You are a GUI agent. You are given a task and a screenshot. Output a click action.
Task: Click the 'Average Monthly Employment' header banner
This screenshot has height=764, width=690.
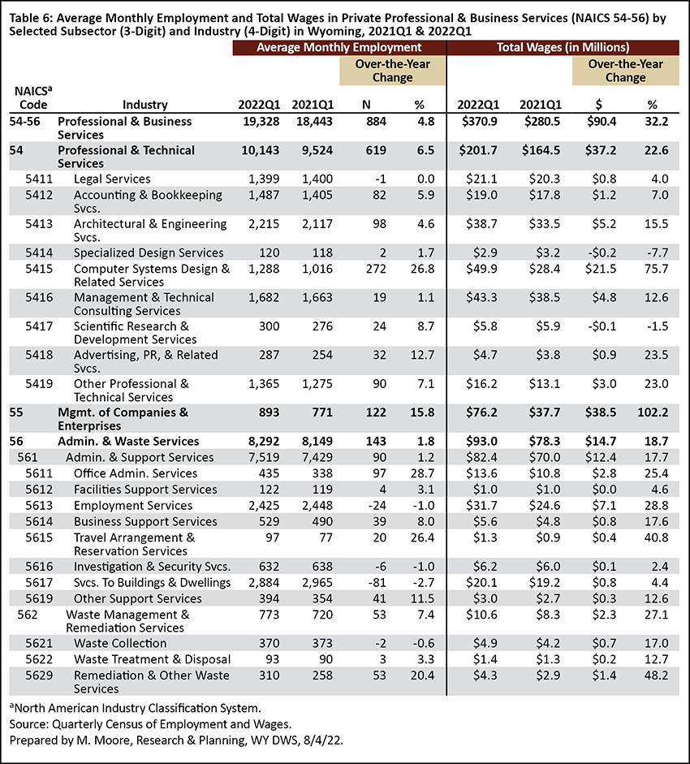(x=339, y=48)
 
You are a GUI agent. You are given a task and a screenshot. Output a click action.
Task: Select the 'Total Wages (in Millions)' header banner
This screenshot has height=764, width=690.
(x=563, y=48)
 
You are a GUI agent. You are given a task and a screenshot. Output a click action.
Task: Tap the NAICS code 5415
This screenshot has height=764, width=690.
(x=39, y=269)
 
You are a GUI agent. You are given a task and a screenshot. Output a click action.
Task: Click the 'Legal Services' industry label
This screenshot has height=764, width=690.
(x=112, y=179)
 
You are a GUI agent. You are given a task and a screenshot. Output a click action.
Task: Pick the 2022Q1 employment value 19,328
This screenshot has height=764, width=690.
(x=261, y=122)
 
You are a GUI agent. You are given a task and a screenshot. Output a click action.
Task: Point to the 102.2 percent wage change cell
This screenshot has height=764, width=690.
(x=653, y=412)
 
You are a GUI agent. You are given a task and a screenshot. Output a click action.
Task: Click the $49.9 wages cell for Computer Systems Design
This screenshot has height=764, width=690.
(x=481, y=269)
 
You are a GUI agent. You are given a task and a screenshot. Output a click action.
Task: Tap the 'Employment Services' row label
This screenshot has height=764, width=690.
(x=133, y=506)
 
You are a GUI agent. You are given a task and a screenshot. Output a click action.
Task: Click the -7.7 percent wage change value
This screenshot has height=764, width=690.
(x=658, y=253)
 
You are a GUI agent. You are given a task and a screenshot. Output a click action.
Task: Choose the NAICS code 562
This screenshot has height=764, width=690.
(x=28, y=615)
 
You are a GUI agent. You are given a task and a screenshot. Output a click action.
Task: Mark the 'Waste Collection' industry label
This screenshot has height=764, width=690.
(x=120, y=644)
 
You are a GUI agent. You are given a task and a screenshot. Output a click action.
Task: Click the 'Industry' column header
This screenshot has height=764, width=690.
(x=144, y=105)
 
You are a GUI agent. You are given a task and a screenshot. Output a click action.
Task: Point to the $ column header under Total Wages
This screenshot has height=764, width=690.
(x=599, y=105)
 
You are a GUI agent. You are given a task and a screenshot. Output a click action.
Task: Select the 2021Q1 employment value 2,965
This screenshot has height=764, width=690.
(x=317, y=583)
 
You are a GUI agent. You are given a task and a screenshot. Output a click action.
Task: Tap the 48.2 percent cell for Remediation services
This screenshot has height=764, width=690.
(x=657, y=676)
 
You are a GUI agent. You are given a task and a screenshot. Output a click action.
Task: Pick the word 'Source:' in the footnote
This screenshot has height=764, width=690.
(x=28, y=724)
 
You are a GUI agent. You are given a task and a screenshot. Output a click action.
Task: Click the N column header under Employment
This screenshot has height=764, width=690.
(x=366, y=105)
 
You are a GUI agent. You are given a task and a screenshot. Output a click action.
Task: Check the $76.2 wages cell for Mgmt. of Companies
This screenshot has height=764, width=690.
(x=481, y=412)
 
